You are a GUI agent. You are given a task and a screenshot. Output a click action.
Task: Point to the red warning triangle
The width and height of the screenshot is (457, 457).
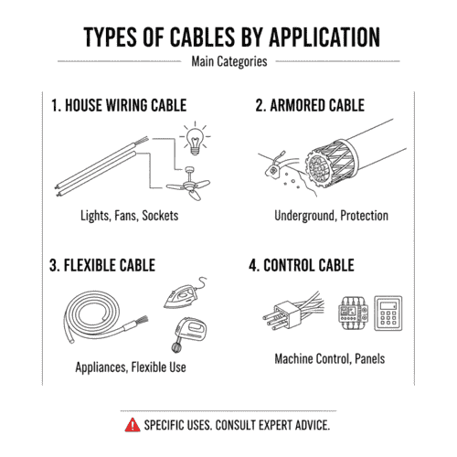[x=134, y=426]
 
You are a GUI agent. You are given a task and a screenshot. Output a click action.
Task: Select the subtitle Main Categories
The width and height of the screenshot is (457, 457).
[x=228, y=62]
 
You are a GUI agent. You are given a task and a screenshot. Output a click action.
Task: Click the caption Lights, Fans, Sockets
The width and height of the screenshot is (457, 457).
[x=127, y=216]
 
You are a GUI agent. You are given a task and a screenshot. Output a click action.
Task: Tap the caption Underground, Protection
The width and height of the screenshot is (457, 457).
[x=331, y=216]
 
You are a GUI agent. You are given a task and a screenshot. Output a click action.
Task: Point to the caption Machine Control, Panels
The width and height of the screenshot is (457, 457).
[x=330, y=358]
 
